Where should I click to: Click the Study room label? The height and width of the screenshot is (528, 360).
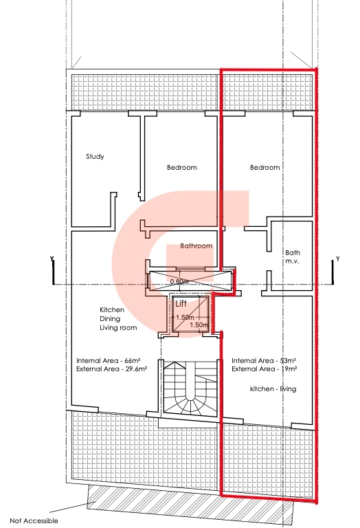tap(95, 157)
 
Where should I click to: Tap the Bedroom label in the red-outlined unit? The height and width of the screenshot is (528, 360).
tap(265, 167)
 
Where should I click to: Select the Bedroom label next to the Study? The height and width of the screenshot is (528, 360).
tap(181, 167)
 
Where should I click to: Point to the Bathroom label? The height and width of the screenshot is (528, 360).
tap(196, 246)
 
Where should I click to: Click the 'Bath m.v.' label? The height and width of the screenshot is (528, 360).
tap(293, 256)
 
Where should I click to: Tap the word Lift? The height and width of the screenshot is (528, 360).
tap(181, 304)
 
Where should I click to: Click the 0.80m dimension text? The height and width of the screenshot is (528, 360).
tap(179, 281)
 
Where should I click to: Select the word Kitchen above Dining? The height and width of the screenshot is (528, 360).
tap(112, 310)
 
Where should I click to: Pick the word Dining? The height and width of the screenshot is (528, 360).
tap(110, 319)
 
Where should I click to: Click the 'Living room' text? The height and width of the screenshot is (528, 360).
tap(118, 328)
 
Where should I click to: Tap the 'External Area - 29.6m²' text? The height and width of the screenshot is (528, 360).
tap(112, 369)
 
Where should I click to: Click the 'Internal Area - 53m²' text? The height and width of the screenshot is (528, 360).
tap(264, 361)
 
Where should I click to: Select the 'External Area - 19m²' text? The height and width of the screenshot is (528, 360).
tap(264, 369)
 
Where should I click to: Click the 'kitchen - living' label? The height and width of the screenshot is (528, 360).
tap(273, 389)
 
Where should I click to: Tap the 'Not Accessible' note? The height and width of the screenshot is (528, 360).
tap(34, 520)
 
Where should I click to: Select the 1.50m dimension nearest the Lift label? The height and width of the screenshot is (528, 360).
tap(185, 318)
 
